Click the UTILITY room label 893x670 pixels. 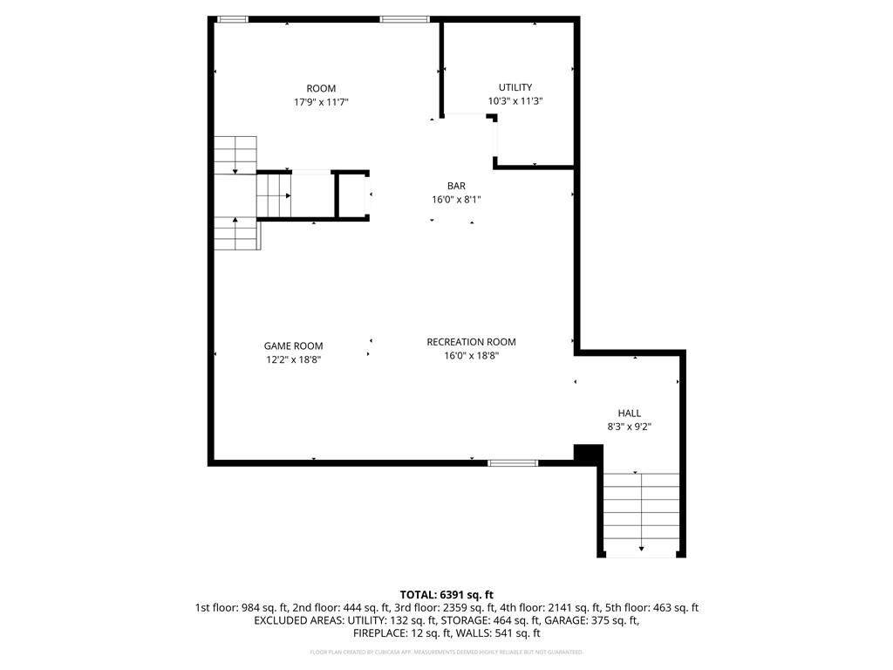point(515,87)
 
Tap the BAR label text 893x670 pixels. point(456,186)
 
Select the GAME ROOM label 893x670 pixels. point(294,345)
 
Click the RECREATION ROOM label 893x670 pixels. point(471,342)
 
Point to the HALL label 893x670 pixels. point(630,414)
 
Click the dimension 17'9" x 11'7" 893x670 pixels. point(321,102)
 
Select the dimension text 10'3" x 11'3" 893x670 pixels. point(515,101)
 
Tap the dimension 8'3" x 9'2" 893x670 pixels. point(630,427)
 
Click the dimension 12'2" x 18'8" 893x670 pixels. point(294,359)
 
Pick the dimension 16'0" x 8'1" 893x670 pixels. point(456,200)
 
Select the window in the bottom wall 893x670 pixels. point(513,462)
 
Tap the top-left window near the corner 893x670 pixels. point(232,19)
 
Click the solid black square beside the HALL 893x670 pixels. point(588,454)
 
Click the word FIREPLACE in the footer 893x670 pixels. point(380,633)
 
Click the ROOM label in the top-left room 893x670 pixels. point(321,88)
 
